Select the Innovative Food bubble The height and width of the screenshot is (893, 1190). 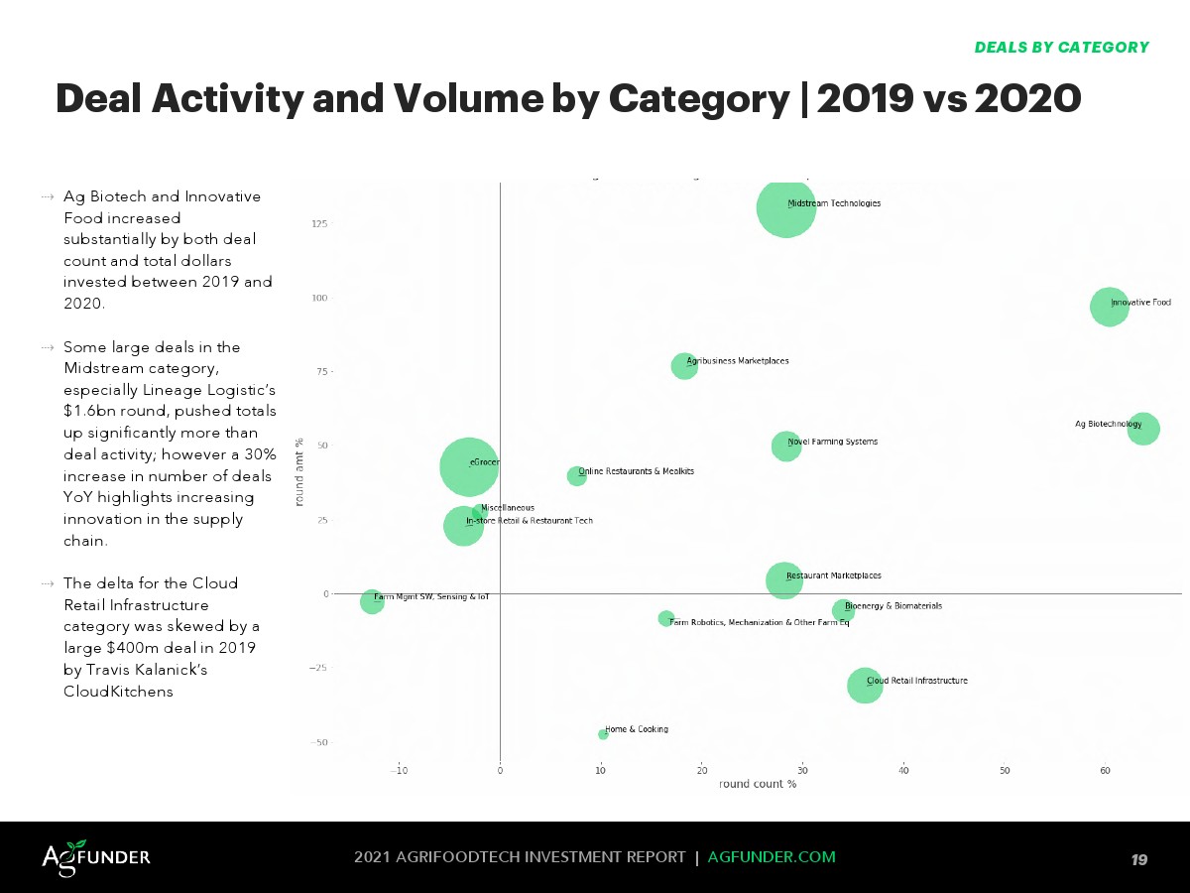(1109, 307)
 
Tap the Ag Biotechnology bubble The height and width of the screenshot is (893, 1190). (1143, 429)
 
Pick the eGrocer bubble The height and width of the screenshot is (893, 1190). (468, 466)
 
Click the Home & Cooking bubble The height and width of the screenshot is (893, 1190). (603, 734)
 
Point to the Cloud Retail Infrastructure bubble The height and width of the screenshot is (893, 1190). (865, 685)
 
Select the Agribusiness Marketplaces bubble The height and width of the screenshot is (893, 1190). (684, 366)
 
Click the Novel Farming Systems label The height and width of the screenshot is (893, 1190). (832, 442)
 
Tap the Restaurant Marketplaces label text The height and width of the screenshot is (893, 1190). (833, 575)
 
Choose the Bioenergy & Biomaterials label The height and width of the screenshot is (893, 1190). (892, 605)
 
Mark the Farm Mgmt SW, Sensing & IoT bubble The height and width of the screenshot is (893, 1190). (372, 601)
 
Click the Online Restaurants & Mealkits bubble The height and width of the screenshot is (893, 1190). (576, 476)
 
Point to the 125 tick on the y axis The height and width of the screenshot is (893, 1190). (320, 224)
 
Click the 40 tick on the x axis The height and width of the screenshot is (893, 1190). (903, 770)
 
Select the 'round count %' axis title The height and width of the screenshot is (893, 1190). (758, 784)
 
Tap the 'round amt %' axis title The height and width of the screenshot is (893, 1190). (297, 472)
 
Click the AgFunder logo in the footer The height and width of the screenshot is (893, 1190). (96, 856)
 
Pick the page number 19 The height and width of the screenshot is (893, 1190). (1139, 859)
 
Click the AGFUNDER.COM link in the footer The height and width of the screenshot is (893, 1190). (772, 857)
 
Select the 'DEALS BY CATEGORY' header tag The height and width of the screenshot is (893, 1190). (1061, 48)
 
